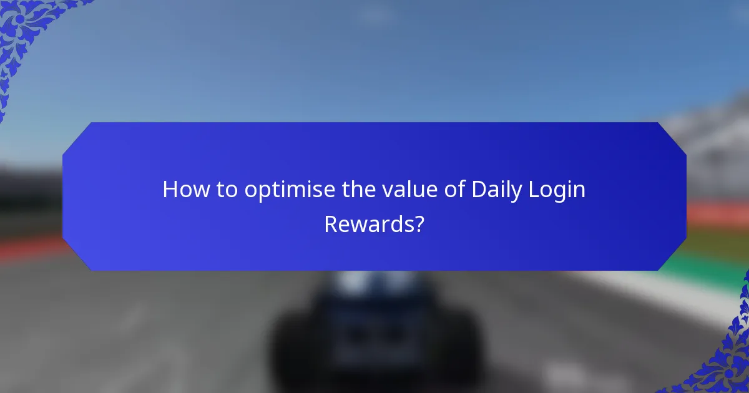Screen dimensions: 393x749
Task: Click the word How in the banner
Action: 184,190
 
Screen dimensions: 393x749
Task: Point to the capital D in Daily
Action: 478,190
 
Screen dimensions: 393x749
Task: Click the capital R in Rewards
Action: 331,225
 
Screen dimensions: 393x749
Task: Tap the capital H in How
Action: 169,190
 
